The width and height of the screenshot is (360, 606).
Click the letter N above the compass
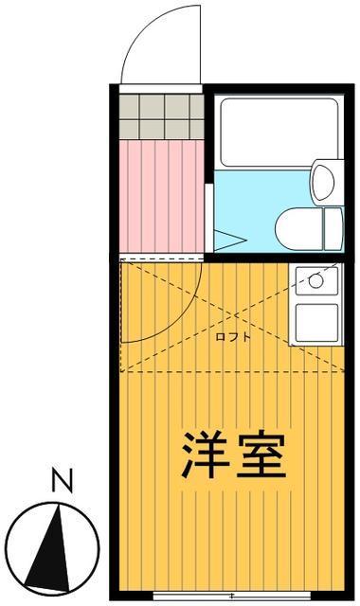click(x=62, y=480)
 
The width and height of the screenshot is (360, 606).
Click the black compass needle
click(x=48, y=553)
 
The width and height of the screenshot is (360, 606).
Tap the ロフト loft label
click(x=233, y=337)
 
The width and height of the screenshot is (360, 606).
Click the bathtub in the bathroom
click(x=279, y=133)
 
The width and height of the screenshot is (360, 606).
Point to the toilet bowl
click(x=299, y=228)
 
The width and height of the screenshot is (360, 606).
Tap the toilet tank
click(x=333, y=228)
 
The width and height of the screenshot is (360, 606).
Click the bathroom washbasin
click(x=323, y=182)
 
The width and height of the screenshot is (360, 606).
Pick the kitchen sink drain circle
click(x=315, y=280)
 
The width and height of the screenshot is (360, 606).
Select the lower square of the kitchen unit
click(x=316, y=323)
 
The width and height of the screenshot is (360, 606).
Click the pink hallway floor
click(x=161, y=196)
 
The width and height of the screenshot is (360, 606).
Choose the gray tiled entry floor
click(x=161, y=116)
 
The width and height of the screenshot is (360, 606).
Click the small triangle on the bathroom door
click(x=228, y=240)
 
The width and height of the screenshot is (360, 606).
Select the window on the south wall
click(x=231, y=596)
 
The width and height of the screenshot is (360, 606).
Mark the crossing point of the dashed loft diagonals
click(x=233, y=316)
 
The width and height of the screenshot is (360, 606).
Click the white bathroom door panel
click(x=208, y=218)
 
